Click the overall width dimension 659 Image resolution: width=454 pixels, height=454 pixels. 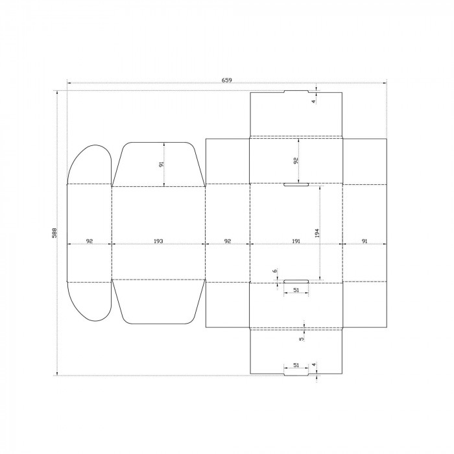(x=227, y=80)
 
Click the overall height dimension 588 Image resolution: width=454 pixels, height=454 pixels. (x=54, y=233)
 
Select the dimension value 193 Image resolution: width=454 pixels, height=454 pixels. (x=158, y=241)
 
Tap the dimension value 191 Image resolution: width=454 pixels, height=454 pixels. (x=296, y=241)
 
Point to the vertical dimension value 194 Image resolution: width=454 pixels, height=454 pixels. (x=317, y=233)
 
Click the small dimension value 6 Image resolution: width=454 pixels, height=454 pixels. (x=274, y=271)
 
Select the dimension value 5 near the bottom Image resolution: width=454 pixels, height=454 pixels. (x=302, y=339)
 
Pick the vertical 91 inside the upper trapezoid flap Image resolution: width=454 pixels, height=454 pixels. (x=161, y=164)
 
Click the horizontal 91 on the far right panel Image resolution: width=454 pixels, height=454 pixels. (x=364, y=241)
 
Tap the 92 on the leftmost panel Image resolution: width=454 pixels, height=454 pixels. (x=90, y=241)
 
